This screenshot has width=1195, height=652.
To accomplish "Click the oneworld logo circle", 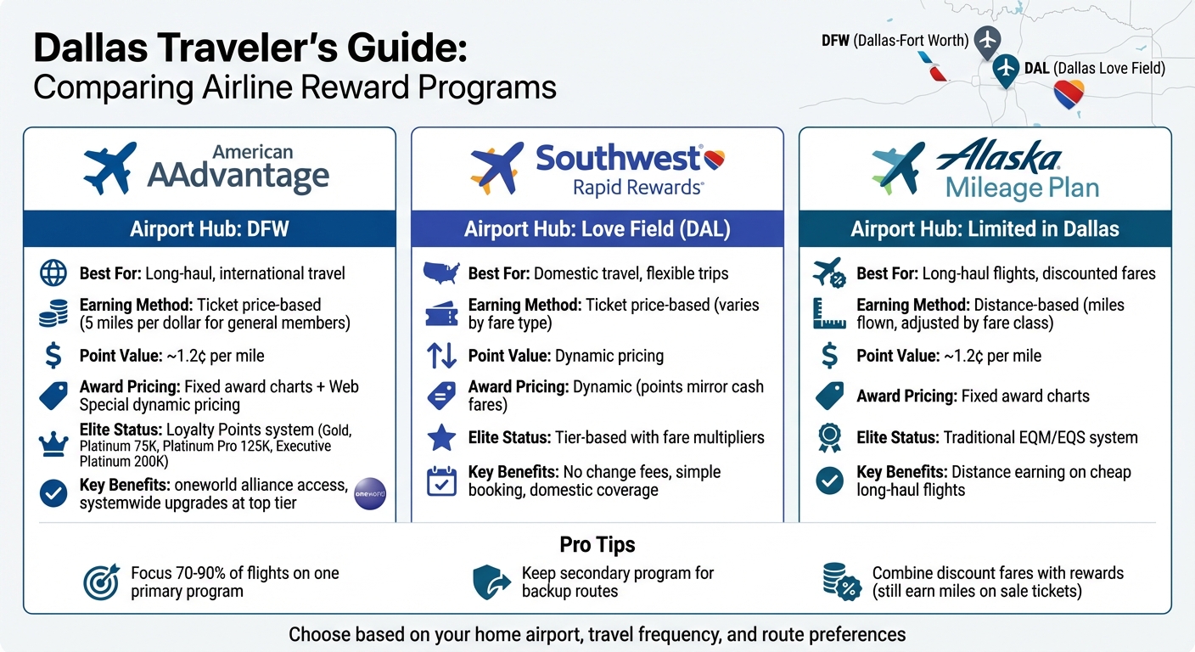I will (370, 493).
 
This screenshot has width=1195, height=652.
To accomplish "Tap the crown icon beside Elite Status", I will (53, 444).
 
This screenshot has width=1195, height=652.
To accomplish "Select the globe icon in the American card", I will (53, 273).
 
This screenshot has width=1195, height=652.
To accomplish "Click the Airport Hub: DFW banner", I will (209, 229).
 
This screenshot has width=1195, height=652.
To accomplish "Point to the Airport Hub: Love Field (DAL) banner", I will (597, 229).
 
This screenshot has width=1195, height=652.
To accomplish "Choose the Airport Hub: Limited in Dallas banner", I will (985, 229).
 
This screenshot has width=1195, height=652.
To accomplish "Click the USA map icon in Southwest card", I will (441, 273).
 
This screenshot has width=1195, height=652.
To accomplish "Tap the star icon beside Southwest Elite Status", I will (441, 438).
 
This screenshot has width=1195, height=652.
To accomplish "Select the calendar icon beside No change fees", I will (441, 481).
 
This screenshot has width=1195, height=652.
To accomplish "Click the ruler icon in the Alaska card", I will (829, 312).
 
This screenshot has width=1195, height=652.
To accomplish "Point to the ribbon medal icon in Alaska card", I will (829, 438).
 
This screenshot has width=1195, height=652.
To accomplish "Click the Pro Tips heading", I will (597, 544).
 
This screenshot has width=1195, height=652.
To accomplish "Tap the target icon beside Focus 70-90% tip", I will (101, 582).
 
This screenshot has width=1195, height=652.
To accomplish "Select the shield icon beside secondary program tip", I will (491, 582).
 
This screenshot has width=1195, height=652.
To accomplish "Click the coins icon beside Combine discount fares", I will (841, 582).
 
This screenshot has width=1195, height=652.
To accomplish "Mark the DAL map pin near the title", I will (1006, 69).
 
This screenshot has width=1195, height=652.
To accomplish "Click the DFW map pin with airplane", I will (986, 40).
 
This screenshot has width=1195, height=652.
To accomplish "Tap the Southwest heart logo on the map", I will (1069, 94).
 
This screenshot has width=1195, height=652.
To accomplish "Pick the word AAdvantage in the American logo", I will (238, 176).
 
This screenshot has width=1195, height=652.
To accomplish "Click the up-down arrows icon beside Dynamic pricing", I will (441, 356).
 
